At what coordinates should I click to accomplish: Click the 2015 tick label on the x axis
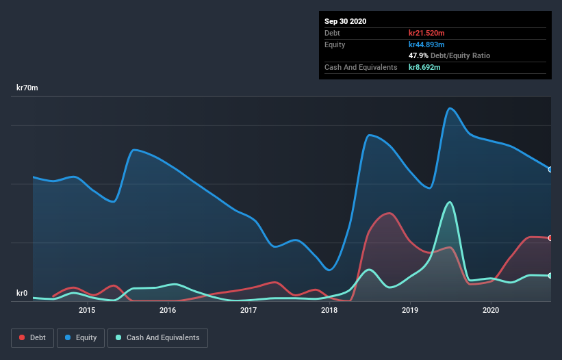click(x=87, y=310)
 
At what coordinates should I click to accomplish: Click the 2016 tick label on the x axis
click(x=168, y=310)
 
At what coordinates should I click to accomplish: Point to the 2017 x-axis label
click(x=248, y=310)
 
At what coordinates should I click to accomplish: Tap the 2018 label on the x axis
click(x=329, y=310)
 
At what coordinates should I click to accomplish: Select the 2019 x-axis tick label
click(x=410, y=310)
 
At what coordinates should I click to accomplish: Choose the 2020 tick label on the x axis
click(x=491, y=310)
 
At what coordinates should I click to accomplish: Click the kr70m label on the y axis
click(x=27, y=88)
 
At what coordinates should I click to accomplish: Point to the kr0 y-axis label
click(x=21, y=294)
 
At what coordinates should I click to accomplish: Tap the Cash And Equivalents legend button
click(x=157, y=337)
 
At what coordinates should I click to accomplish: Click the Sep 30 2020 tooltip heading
click(x=346, y=21)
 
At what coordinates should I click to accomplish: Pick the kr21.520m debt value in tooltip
click(x=427, y=33)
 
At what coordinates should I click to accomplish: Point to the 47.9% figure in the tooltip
click(x=418, y=55)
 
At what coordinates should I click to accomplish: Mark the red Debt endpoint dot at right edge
click(x=550, y=238)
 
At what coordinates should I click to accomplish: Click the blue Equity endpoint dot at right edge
click(x=550, y=169)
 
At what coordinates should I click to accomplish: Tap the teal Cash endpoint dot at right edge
click(x=550, y=276)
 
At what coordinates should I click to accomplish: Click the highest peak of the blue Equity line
click(x=450, y=108)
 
